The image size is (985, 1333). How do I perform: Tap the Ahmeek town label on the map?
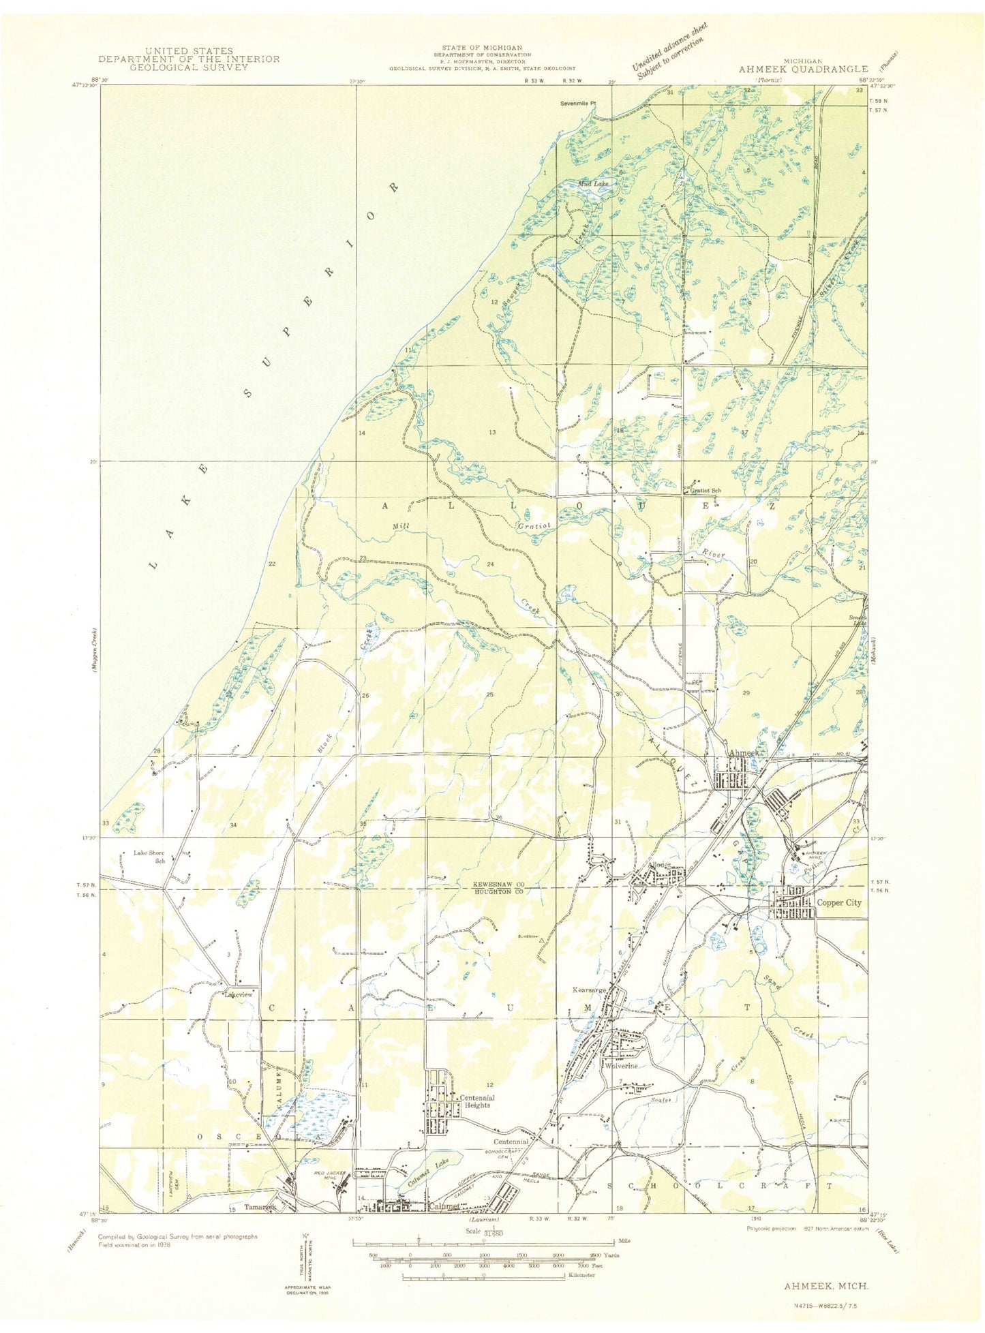[743, 753]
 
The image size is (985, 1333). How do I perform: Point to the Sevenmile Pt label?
[578, 104]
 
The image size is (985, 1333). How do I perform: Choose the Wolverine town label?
[619, 1066]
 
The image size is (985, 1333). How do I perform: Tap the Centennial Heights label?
[476, 1101]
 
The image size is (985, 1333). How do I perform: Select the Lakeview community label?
[239, 994]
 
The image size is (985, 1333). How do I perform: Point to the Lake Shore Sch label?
[149, 856]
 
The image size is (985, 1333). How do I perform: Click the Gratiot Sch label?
[706, 490]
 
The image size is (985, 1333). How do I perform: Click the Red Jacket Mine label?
[331, 1175]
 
